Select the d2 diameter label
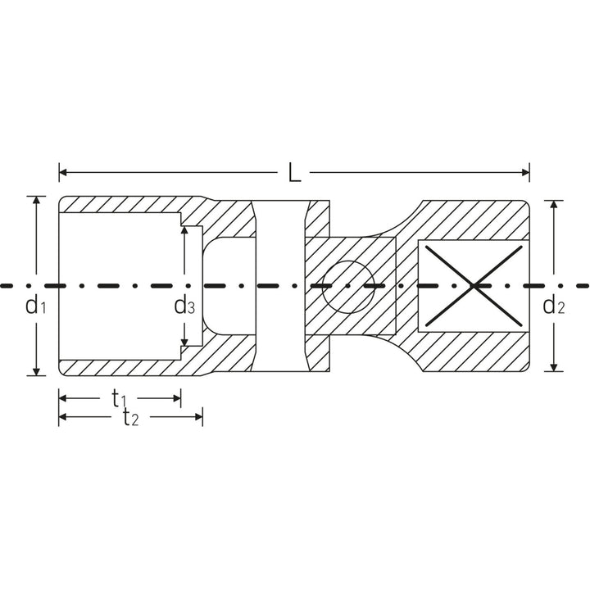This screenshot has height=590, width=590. pyautogui.click(x=554, y=307)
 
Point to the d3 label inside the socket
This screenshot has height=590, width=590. pyautogui.click(x=184, y=307)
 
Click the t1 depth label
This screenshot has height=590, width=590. pyautogui.click(x=120, y=398)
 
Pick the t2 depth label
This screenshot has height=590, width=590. pyautogui.click(x=130, y=419)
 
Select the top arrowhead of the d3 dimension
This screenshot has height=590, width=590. pyautogui.click(x=184, y=231)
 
